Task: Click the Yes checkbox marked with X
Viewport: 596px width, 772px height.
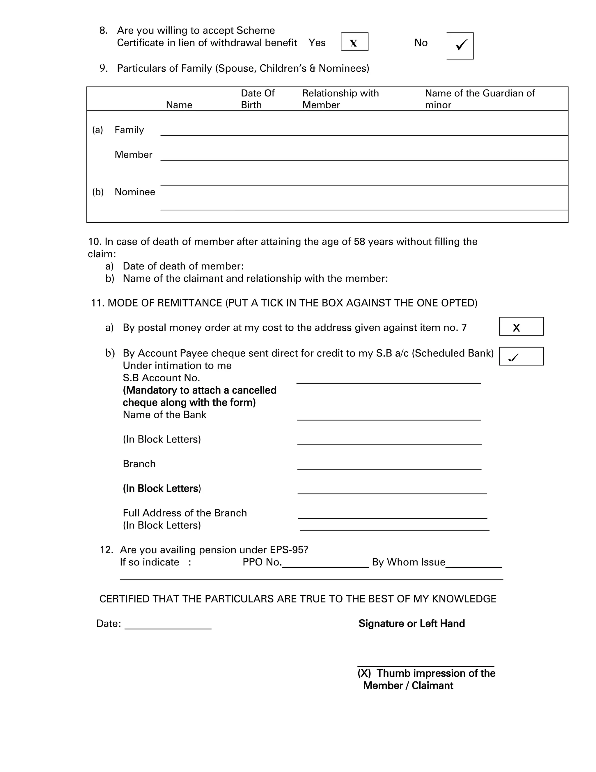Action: [354, 42]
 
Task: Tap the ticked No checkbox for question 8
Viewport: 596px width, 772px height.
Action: [460, 46]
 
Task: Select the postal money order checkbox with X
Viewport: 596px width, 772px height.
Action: [521, 327]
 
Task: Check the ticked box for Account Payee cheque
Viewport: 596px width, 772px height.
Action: [521, 356]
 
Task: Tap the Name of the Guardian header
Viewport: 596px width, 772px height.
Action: [480, 99]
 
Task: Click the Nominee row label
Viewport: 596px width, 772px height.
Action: [134, 192]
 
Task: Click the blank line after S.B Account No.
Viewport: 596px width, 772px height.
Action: [389, 380]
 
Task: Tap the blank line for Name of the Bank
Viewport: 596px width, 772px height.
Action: [389, 417]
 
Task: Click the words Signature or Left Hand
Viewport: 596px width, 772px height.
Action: [411, 623]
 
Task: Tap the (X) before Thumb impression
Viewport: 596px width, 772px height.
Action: [364, 673]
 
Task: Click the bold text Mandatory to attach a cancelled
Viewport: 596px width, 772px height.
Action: [199, 390]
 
